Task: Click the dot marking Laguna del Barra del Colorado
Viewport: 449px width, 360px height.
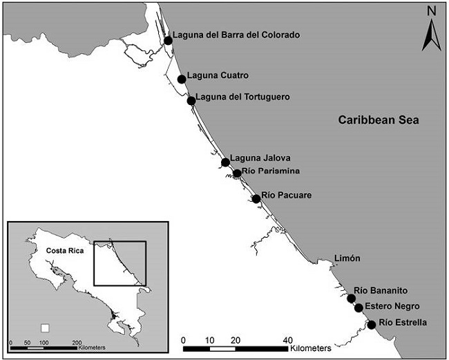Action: point(168,41)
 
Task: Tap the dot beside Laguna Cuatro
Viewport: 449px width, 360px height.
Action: point(182,79)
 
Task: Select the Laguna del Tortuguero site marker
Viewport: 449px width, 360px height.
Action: point(191,101)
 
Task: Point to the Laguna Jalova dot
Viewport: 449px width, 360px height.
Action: point(225,162)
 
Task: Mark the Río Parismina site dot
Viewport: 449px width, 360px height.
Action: point(237,173)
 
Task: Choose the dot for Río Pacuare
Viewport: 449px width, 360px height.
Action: point(256,199)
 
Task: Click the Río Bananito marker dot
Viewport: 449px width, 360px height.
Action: point(351,299)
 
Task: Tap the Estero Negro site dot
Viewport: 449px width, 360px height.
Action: point(359,308)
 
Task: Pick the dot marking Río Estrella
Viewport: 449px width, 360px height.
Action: point(372,325)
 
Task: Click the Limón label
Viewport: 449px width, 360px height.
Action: point(347,258)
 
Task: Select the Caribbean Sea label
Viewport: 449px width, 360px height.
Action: point(379,120)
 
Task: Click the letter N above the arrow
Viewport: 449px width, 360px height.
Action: point(430,10)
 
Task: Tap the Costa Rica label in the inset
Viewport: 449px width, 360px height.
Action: point(64,251)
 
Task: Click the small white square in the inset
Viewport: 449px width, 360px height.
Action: point(46,328)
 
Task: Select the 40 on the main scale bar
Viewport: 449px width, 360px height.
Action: point(287,339)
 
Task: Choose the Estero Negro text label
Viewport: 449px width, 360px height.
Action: point(392,307)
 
